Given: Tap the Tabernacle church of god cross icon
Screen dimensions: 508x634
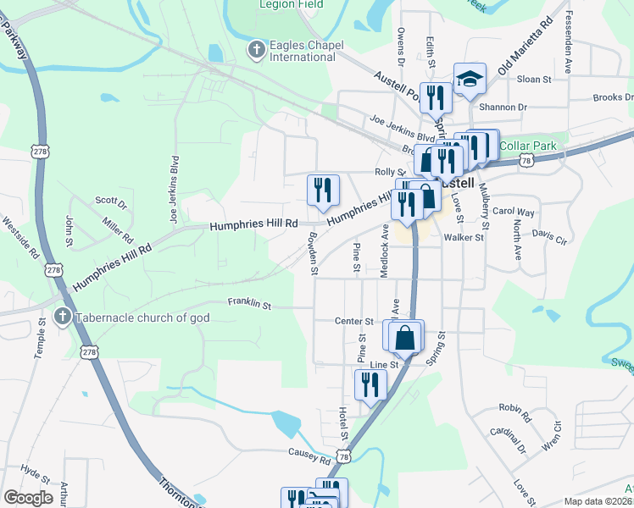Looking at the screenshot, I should pos(61,317).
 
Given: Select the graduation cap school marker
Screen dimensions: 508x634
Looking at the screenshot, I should pos(470,80).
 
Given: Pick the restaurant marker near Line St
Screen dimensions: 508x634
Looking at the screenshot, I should pos(370,384).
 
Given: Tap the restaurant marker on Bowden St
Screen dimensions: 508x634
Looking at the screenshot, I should pos(323,190).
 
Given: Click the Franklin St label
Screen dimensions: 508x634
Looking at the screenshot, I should pos(248,303).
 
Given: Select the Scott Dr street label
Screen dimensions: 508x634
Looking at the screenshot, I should pos(111,202).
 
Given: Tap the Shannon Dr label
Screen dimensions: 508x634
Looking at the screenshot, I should pos(503,108).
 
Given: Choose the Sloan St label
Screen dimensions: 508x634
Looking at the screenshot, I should pos(534,80).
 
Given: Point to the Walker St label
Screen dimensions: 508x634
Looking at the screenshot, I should pos(463,238).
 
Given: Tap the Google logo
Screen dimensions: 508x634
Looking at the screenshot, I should pos(28,498).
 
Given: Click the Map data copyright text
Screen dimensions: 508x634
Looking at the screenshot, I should pos(598,501).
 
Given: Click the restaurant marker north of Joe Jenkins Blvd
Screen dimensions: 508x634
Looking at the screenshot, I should pos(435,97).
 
